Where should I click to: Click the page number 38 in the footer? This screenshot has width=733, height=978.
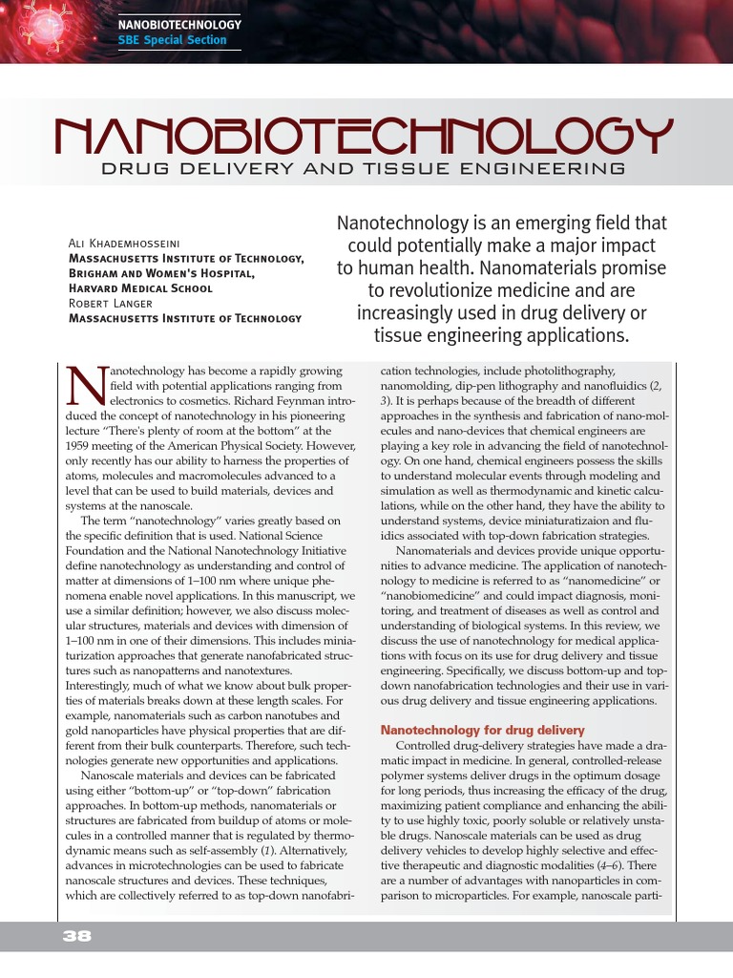coord(76,937)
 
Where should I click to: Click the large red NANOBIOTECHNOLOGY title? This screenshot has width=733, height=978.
coord(363,138)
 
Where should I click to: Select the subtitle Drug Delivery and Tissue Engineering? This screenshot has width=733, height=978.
coord(363,169)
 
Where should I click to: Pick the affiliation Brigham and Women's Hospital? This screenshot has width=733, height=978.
coord(162,273)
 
